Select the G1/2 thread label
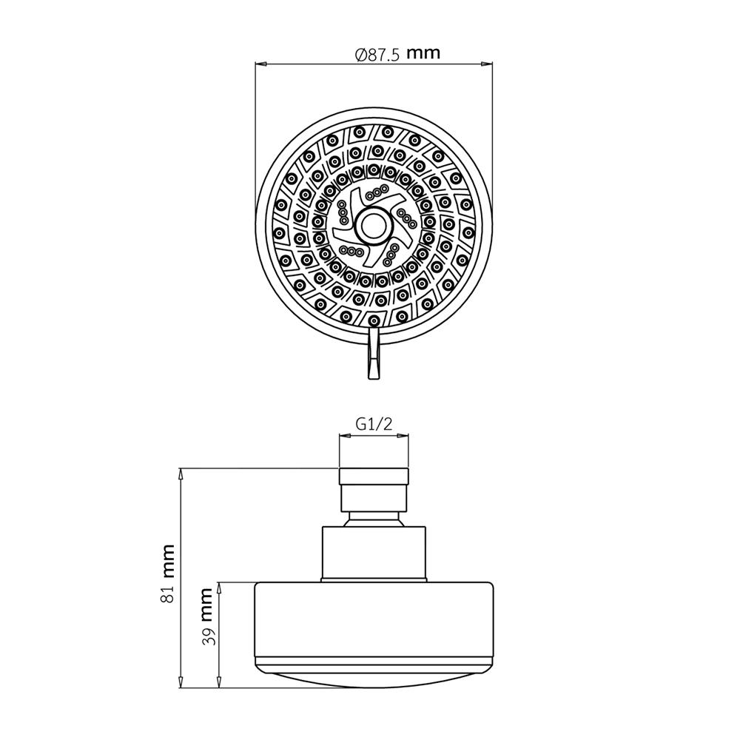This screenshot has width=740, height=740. [x=373, y=423]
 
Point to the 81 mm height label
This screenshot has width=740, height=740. [x=169, y=573]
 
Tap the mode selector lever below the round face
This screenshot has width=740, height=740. [x=374, y=355]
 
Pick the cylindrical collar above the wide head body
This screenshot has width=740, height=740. [x=373, y=553]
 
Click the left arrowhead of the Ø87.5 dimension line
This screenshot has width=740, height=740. [x=260, y=65]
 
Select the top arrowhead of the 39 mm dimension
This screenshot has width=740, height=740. [x=219, y=585]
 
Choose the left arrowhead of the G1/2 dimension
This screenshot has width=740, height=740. [x=342, y=437]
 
